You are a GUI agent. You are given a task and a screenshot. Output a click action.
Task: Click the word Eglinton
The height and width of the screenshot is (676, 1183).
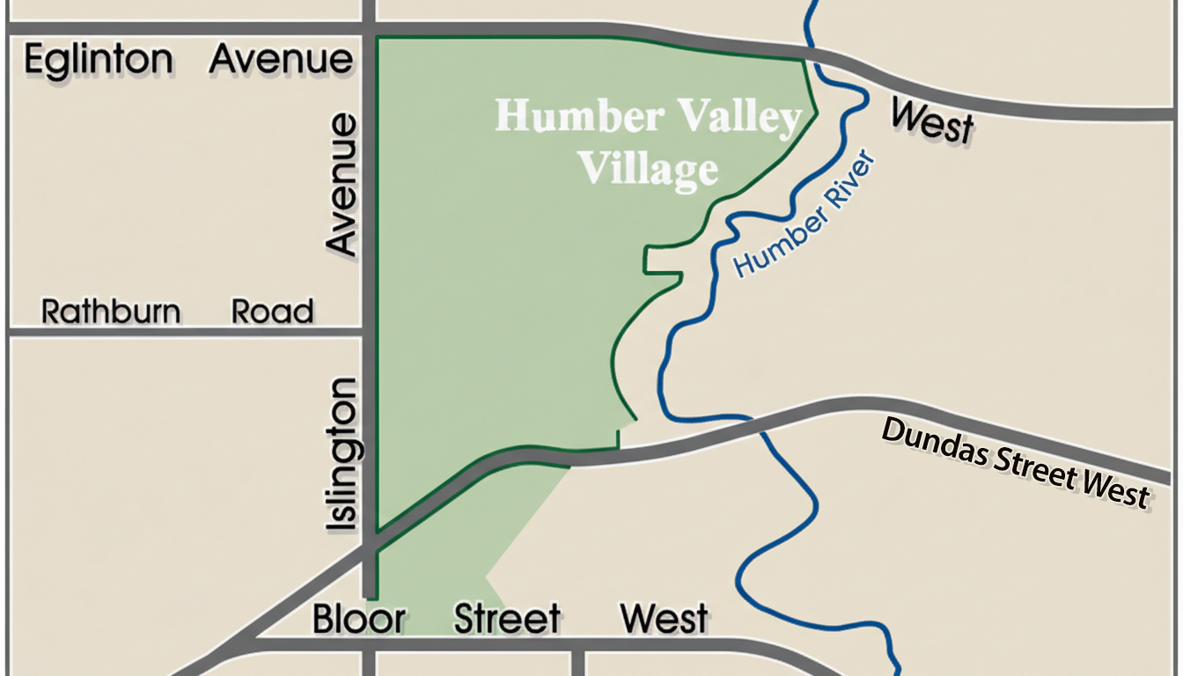click(x=99, y=62)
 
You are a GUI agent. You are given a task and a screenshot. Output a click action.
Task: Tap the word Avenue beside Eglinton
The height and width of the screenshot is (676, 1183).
click(x=282, y=62)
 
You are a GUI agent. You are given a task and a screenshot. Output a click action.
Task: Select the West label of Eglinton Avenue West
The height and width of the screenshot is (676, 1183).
click(x=932, y=121)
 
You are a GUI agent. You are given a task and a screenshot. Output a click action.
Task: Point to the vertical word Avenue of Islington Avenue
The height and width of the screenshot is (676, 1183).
click(x=342, y=183)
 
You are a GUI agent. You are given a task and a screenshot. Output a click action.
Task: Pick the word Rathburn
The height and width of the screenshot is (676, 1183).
click(x=112, y=312)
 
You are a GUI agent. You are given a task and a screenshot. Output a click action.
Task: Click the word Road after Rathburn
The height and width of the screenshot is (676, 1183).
click(x=272, y=312)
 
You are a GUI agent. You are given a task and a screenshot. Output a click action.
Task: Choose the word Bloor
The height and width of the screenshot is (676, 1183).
click(x=358, y=619)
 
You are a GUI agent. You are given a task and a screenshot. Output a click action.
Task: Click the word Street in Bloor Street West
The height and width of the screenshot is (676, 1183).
click(x=507, y=619)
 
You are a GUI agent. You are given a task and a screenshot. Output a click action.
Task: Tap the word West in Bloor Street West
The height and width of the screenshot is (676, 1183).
click(x=664, y=619)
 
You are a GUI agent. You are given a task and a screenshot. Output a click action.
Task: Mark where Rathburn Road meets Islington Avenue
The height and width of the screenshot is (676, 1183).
click(x=369, y=332)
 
